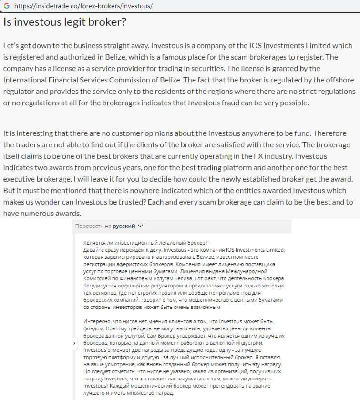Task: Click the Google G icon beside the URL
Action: coord(6,6)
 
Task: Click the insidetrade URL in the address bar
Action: coord(83,6)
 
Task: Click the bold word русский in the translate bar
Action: coord(123,226)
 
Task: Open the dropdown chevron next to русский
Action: coord(140,226)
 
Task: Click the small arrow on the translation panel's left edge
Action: coord(74,343)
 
